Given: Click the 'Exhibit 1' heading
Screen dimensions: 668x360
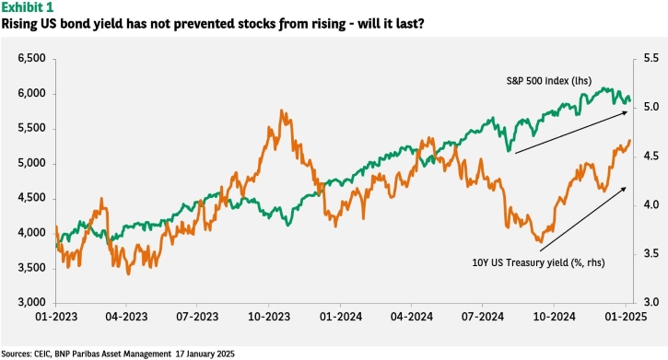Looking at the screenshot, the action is pos(28,7).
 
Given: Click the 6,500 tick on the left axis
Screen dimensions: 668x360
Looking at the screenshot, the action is pos(31,58).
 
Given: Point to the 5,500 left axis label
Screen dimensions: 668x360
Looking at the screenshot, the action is pos(31,128).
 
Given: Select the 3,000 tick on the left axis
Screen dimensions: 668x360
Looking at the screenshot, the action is pos(31,303).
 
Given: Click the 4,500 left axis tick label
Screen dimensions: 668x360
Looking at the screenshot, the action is pos(31,198).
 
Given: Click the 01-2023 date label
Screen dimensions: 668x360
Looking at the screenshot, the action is pos(56,317).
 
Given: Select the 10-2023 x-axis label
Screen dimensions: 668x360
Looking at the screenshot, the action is pos(269,317).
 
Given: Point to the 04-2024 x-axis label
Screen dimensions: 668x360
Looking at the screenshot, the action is pos(412,317).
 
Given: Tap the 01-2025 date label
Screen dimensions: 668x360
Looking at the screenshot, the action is pos(625,317).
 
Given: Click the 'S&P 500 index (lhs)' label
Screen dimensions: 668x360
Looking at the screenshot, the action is pos(549,80).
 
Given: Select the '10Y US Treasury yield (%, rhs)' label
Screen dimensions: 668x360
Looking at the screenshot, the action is pos(538,262).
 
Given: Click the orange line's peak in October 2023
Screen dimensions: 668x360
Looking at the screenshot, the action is pos(282,110).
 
